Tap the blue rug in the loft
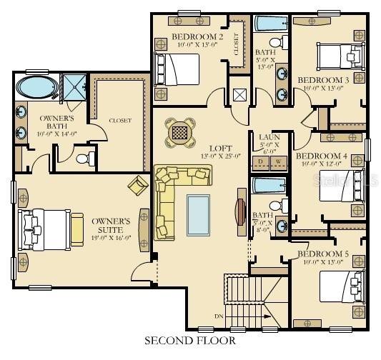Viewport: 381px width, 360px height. coord(198,213)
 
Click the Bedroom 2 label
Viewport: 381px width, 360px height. coord(188,36)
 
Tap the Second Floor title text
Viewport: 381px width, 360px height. coord(190,340)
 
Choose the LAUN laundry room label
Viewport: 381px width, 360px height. coord(268,136)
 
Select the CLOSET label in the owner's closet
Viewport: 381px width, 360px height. coord(120,121)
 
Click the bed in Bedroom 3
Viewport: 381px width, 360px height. coord(340,54)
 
